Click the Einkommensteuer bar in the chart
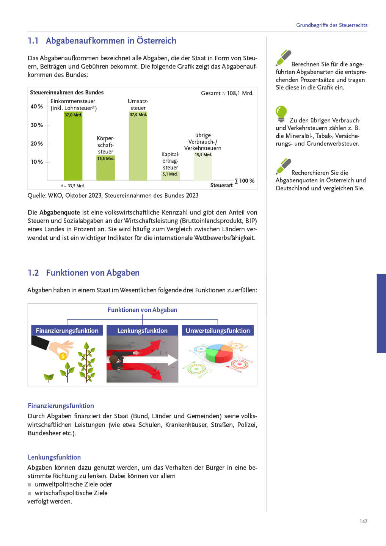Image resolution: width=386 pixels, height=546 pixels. [x=73, y=148]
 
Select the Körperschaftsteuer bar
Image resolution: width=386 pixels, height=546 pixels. [x=105, y=169]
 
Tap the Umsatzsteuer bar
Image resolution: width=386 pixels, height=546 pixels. [x=138, y=148]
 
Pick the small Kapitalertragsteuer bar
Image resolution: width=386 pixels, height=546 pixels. [x=170, y=176]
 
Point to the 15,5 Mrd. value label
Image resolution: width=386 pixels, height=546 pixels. [x=203, y=155]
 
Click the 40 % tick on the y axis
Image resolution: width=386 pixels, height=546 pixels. [x=37, y=107]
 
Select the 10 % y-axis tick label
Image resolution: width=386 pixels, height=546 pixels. [x=37, y=162]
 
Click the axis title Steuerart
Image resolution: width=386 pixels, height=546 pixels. [x=221, y=185]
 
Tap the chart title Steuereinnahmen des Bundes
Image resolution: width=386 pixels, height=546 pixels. [x=67, y=93]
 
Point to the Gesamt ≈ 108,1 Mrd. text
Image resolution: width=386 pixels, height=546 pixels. [x=227, y=93]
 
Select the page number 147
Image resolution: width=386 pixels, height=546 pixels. [x=363, y=521]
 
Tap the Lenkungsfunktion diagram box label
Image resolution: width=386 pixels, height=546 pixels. [x=142, y=331]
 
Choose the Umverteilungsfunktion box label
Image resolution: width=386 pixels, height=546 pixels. [x=218, y=331]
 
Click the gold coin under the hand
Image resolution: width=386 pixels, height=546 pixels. [x=63, y=356]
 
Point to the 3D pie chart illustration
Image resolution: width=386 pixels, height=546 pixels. [x=219, y=353]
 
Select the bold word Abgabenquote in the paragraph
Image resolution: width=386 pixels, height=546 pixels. [x=60, y=212]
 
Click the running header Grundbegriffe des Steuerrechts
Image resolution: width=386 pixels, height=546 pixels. [x=332, y=25]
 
